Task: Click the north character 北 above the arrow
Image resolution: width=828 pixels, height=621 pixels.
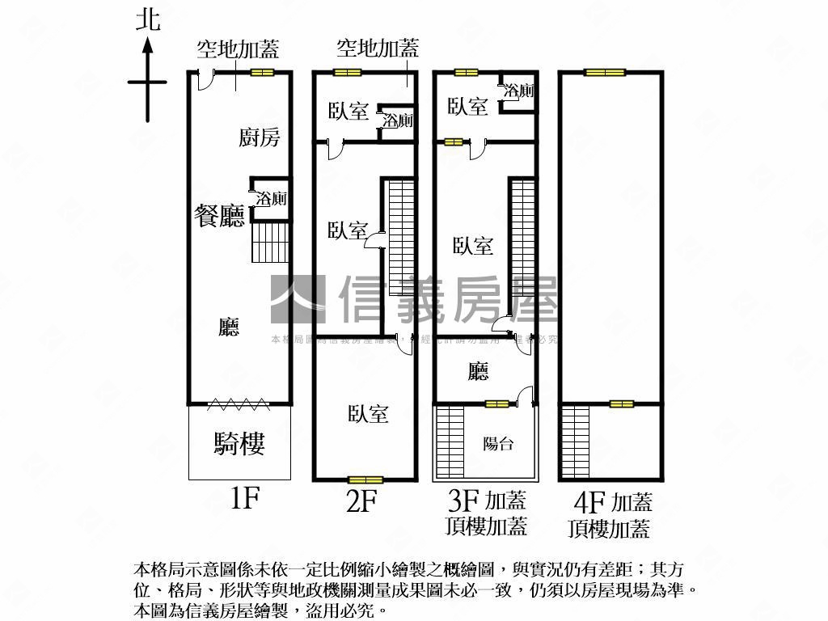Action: pyautogui.click(x=148, y=19)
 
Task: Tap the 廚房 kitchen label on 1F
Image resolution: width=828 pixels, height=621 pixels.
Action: pyautogui.click(x=260, y=137)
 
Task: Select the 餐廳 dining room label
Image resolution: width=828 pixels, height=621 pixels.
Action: pyautogui.click(x=219, y=216)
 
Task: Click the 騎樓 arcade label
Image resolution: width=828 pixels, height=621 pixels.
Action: pyautogui.click(x=239, y=443)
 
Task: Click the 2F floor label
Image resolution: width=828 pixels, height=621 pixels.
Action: pyautogui.click(x=361, y=502)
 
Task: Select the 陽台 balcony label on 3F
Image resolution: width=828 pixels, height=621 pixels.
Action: pyautogui.click(x=498, y=443)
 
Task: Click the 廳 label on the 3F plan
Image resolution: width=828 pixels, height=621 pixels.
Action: pyautogui.click(x=479, y=371)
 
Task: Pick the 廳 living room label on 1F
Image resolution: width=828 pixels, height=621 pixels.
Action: pyautogui.click(x=230, y=327)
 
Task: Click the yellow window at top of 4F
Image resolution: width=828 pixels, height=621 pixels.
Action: pyautogui.click(x=606, y=73)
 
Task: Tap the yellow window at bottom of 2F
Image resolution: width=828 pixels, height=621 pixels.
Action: pyautogui.click(x=365, y=479)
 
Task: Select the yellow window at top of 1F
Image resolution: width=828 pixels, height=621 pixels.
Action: pyautogui.click(x=261, y=73)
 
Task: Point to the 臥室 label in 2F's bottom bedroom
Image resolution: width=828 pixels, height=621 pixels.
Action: pyautogui.click(x=369, y=414)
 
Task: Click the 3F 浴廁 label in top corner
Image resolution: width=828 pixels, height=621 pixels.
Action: pyautogui.click(x=518, y=91)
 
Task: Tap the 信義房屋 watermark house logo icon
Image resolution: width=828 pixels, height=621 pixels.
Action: pyautogui.click(x=297, y=299)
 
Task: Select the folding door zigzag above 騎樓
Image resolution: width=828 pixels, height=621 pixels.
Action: pyautogui.click(x=239, y=401)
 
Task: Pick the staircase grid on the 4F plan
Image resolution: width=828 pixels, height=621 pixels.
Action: pyautogui.click(x=575, y=441)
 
